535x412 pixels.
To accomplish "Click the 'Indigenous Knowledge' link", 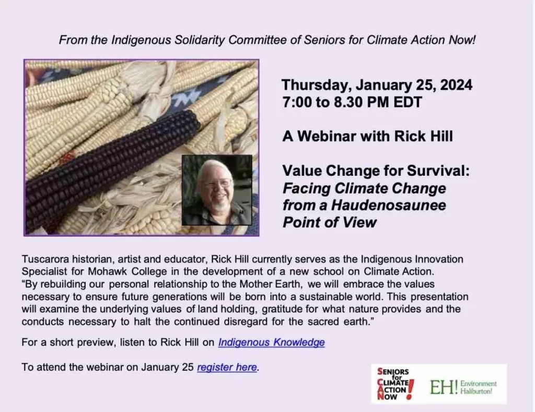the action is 271,342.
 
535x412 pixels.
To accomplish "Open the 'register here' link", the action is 227,367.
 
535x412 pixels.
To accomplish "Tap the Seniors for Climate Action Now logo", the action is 396,383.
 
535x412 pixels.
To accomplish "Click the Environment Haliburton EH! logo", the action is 463,387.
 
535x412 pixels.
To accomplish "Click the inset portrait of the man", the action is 217,190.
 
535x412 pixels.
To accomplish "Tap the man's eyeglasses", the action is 217,183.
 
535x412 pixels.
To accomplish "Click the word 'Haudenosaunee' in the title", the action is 388,205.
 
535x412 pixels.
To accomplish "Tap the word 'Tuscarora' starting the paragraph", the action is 45,259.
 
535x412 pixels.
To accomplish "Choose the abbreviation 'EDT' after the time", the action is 408,102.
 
